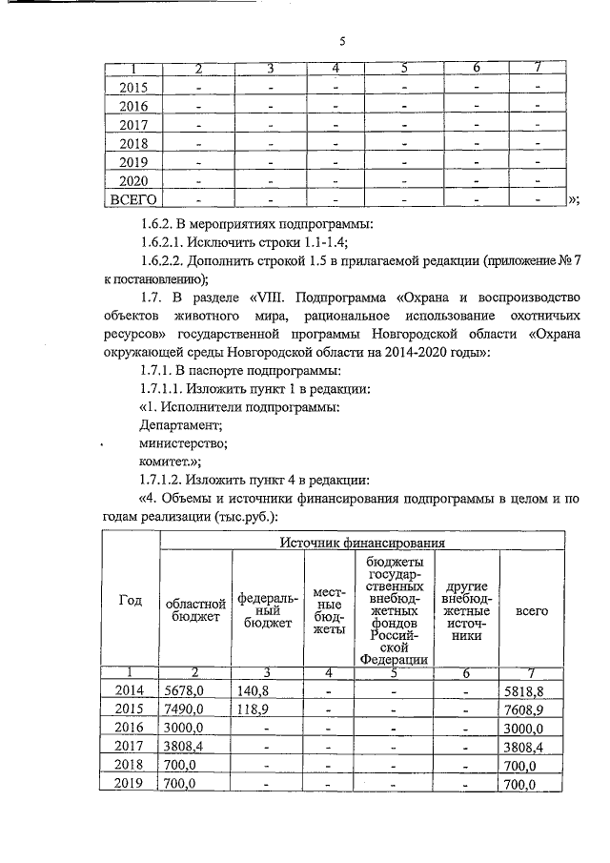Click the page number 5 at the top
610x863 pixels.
pyautogui.click(x=342, y=41)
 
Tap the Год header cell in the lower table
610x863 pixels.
pyautogui.click(x=131, y=600)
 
